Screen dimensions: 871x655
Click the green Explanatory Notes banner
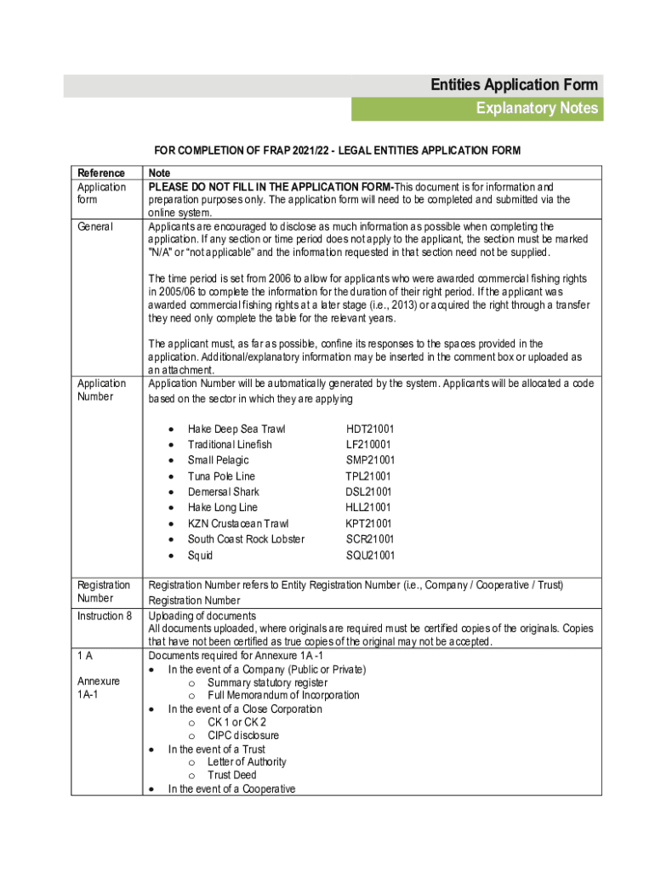[x=477, y=109]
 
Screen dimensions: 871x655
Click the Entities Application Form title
[x=514, y=85]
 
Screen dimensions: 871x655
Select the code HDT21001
[x=370, y=430]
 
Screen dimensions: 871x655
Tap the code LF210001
[x=369, y=445]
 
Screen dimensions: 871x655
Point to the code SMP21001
[x=370, y=460]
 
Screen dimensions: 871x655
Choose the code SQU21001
[x=370, y=555]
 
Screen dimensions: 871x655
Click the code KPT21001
[x=369, y=524]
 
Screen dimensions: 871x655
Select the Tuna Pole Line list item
[x=221, y=476]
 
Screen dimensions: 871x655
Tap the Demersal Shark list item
[x=224, y=492]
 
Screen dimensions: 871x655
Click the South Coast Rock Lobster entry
[x=246, y=539]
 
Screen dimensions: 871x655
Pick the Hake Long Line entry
[x=222, y=508]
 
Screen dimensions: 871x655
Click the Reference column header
[x=100, y=173]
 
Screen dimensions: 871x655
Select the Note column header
[x=159, y=173]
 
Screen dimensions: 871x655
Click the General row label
[x=96, y=227]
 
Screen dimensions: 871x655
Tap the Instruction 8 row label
[x=105, y=616]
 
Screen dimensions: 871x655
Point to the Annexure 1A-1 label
[x=99, y=688]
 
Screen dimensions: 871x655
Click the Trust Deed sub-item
[x=232, y=775]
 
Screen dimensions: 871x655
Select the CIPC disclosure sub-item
[x=243, y=735]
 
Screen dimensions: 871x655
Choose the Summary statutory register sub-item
[x=267, y=682]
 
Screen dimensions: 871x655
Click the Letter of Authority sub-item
[x=247, y=762]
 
